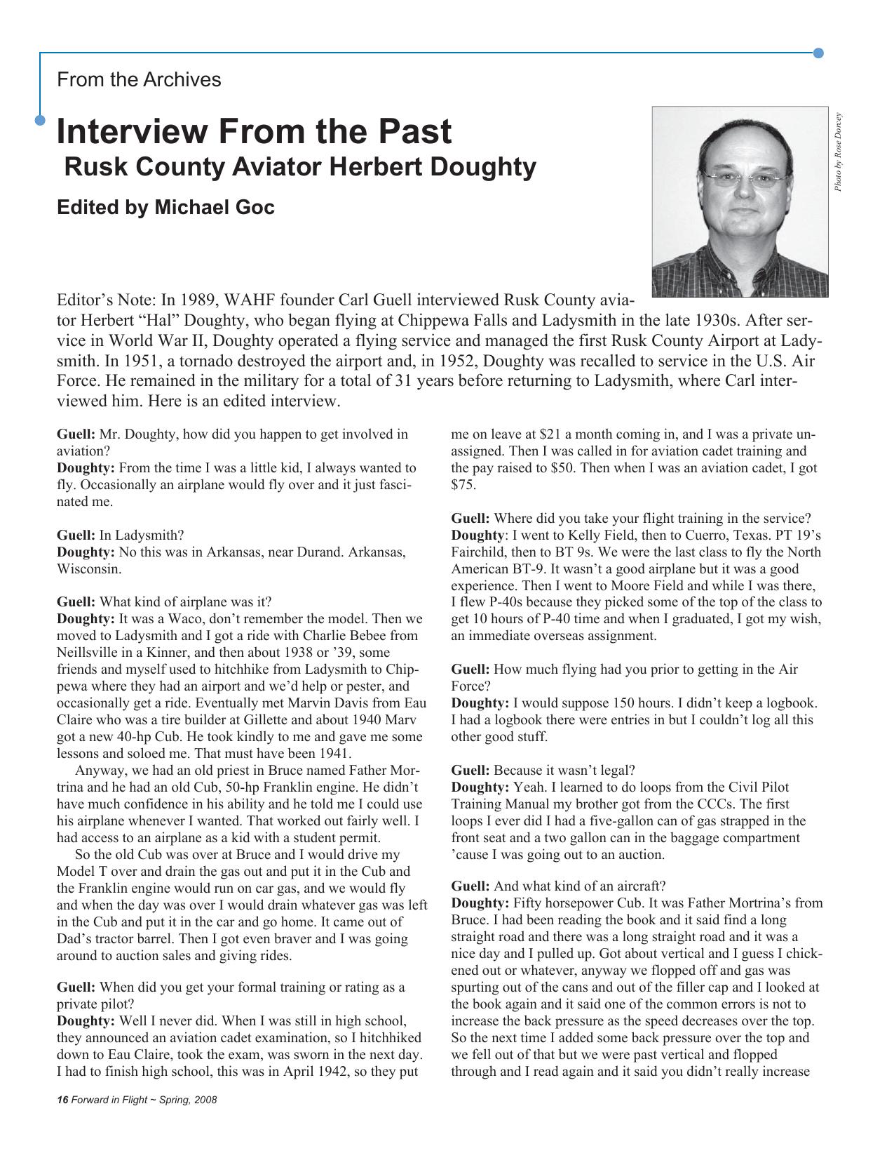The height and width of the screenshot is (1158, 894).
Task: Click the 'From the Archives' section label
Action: tap(139, 79)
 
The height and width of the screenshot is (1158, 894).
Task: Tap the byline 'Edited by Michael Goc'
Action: tap(165, 208)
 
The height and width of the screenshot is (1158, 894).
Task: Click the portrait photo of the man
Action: tap(740, 201)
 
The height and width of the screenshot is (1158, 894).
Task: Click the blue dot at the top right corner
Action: tap(818, 53)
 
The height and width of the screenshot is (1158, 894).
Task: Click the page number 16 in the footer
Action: tap(62, 1100)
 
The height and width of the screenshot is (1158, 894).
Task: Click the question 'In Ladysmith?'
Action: tap(141, 535)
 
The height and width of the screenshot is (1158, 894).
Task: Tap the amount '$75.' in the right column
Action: tap(463, 484)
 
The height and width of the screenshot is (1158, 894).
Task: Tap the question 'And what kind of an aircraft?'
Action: tap(579, 886)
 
